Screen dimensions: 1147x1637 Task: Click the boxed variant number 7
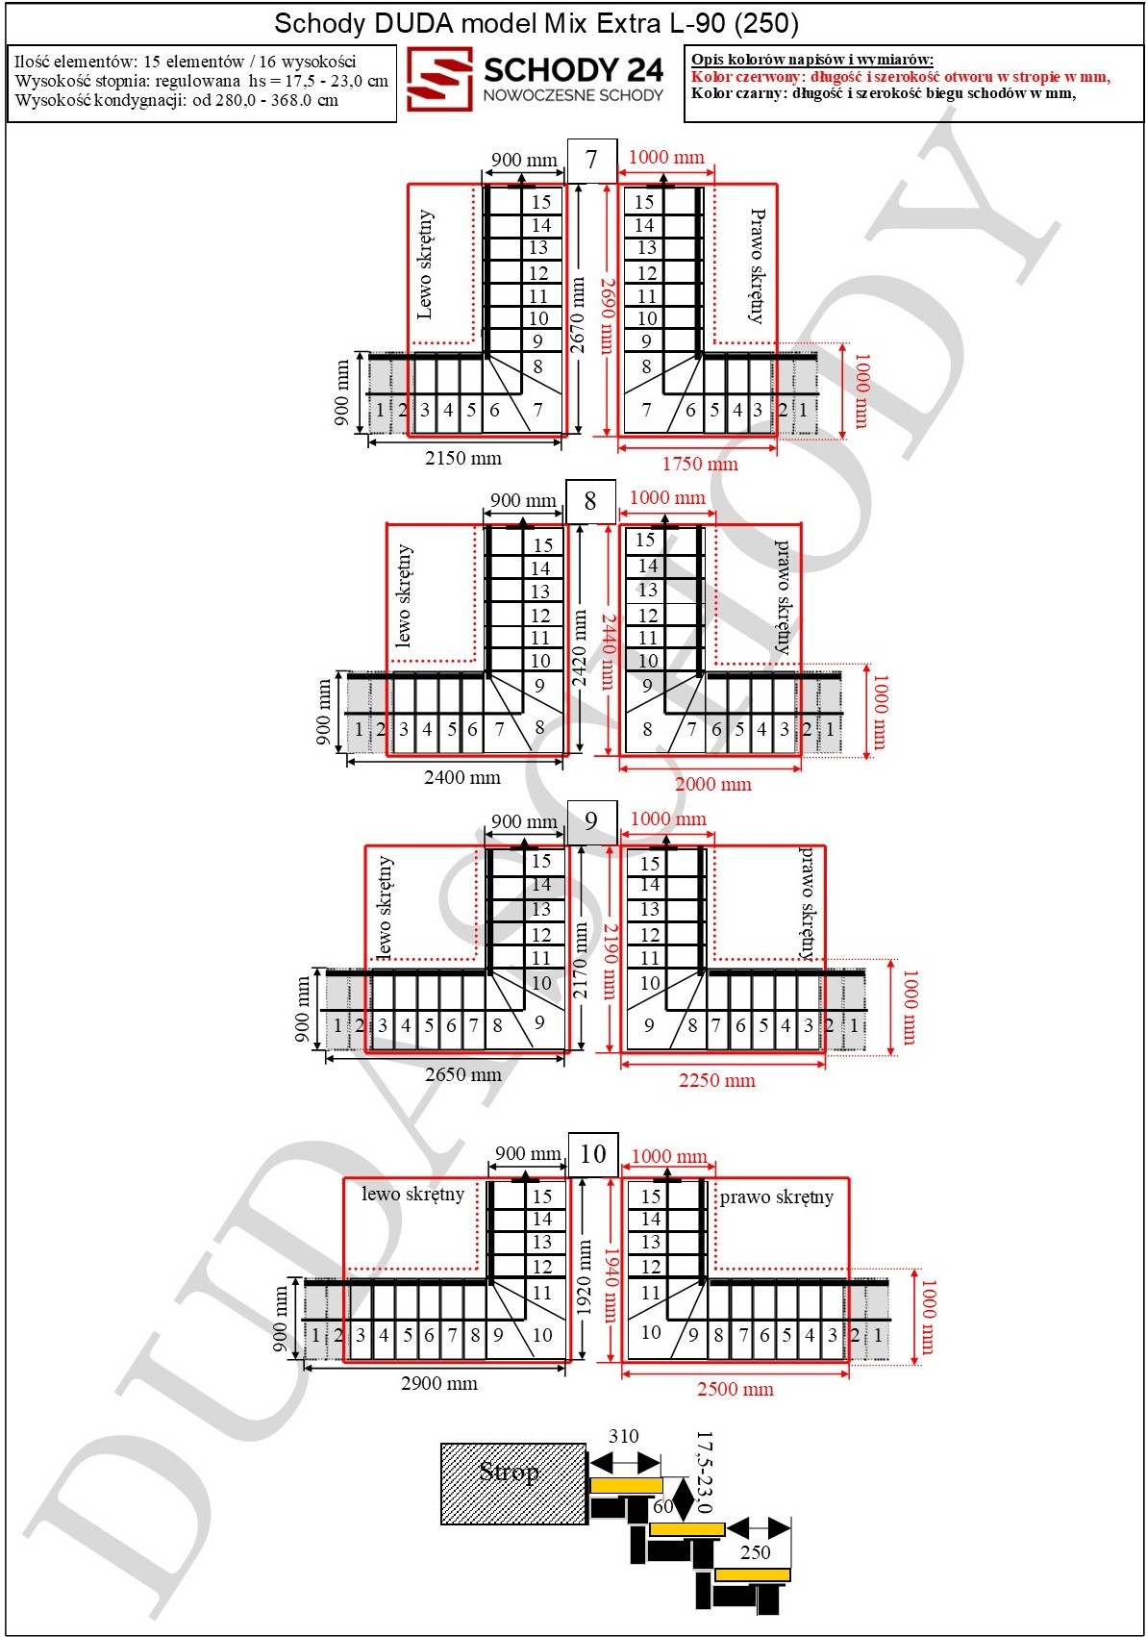(591, 160)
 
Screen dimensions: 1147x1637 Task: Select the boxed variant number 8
(590, 501)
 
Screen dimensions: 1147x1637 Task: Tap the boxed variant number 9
(591, 821)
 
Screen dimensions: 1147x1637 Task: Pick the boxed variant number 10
(592, 1154)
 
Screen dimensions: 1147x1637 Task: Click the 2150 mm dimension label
(463, 458)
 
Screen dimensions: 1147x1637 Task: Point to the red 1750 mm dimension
(700, 464)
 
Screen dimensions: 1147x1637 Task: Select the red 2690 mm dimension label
(607, 315)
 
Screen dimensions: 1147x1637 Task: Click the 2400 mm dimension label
(462, 777)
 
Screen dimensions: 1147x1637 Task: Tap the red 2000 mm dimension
(713, 784)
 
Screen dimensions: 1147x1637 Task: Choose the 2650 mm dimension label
(463, 1074)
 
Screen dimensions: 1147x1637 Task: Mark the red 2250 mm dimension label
(716, 1080)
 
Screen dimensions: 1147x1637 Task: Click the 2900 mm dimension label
(439, 1383)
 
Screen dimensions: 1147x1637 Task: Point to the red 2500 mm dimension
(735, 1389)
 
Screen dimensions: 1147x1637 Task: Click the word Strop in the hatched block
(510, 1472)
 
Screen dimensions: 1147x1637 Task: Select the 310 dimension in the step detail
(623, 1436)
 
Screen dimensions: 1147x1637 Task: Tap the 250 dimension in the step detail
(755, 1552)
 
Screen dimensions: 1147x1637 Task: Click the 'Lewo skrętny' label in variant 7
(425, 264)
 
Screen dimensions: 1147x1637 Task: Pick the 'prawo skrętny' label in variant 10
(777, 1197)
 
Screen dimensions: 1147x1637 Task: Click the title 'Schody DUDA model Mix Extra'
(470, 24)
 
